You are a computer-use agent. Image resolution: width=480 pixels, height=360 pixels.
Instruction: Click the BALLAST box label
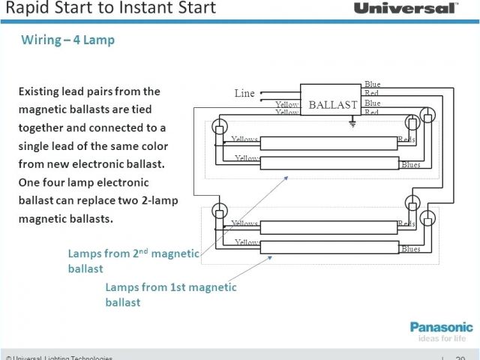(333, 105)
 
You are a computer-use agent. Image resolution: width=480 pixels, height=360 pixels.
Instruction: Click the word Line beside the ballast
(244, 94)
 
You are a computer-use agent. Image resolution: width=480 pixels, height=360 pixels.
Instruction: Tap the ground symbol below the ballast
(352, 124)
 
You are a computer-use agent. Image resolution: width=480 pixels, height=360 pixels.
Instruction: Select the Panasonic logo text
(441, 327)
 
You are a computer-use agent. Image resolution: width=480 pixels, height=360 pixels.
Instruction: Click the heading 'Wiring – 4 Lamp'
(68, 40)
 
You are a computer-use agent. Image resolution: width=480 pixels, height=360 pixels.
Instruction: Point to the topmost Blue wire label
(372, 84)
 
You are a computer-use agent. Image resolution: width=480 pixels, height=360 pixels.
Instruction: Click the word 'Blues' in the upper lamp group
(410, 164)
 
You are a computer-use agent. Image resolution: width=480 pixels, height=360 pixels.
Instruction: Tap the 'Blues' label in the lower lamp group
(410, 248)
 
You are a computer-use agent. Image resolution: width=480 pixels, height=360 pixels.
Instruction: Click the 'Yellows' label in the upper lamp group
(245, 139)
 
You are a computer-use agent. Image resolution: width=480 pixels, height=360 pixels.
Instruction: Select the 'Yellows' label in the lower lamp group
(245, 223)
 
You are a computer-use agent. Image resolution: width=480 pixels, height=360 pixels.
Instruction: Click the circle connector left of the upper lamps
(219, 125)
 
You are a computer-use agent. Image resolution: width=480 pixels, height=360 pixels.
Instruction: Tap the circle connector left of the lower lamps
(219, 210)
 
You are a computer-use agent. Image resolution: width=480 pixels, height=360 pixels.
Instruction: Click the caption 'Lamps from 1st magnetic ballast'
(171, 294)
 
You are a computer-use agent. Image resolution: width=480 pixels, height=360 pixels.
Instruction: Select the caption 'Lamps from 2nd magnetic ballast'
(133, 260)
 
